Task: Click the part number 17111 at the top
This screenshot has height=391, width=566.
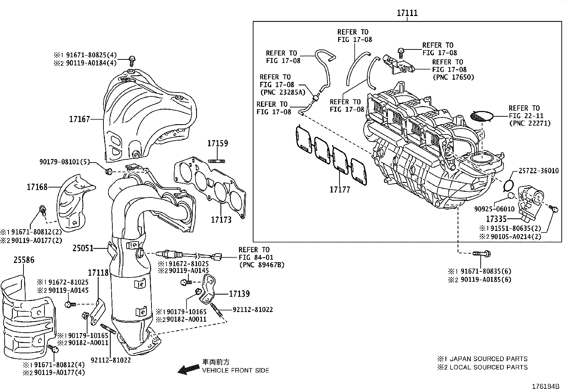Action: (407, 13)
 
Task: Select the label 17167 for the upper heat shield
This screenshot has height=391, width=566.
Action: (79, 119)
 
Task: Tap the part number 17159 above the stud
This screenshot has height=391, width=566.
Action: (218, 143)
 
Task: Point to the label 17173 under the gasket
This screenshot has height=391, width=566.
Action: (221, 220)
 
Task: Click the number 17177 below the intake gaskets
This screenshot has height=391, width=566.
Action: (340, 190)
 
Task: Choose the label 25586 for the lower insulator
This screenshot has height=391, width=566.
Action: (24, 260)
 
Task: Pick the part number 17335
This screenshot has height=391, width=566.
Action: (496, 219)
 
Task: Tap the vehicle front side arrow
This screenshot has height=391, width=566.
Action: (188, 370)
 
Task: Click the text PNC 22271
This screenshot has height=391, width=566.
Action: (530, 123)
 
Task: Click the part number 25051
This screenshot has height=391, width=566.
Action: (83, 248)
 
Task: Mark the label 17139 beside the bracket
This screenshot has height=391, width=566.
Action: (239, 294)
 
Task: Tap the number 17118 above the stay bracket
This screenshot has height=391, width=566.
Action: (98, 273)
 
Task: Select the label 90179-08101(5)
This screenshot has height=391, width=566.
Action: (70, 162)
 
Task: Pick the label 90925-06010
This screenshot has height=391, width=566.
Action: (494, 209)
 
